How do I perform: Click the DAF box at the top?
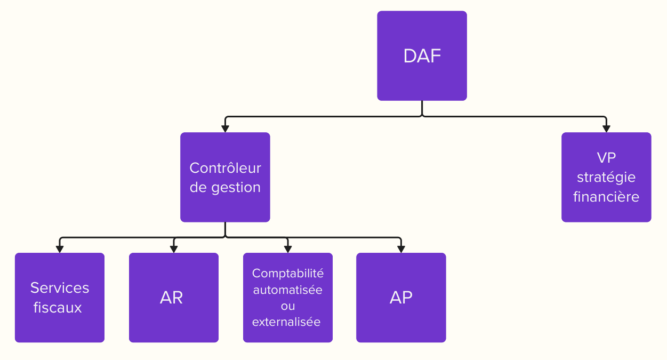[422, 55]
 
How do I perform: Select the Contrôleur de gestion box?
[225, 177]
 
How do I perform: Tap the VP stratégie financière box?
[606, 177]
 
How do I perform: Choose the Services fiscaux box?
[60, 298]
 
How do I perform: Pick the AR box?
[174, 298]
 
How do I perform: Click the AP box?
[401, 298]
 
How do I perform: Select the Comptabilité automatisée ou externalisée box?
[288, 298]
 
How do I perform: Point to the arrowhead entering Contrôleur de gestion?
[225, 129]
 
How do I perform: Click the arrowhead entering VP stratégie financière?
[606, 129]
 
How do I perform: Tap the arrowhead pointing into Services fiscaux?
[60, 249]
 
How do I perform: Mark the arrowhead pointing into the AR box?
[174, 249]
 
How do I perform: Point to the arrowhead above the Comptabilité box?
[288, 249]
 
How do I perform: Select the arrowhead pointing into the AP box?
[401, 249]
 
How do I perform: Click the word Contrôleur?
[225, 168]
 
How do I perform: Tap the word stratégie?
[606, 177]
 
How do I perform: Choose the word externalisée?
[286, 322]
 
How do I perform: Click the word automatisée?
[288, 290]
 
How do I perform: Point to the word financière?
[606, 197]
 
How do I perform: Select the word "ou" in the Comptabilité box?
[288, 306]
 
